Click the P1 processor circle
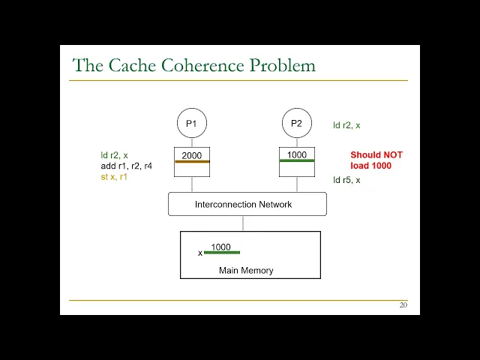[x=191, y=123]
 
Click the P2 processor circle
[x=296, y=123]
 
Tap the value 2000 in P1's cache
[x=191, y=155]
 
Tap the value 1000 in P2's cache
[x=296, y=154]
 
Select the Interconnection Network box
[x=247, y=204]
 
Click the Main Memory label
[x=246, y=270]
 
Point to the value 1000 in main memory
[x=220, y=247]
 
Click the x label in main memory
[x=200, y=253]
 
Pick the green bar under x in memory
[x=222, y=253]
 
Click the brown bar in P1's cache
[x=192, y=161]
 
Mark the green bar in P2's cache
[x=296, y=160]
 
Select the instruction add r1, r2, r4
[x=127, y=166]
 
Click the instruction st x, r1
[x=114, y=176]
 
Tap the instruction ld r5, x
[x=346, y=180]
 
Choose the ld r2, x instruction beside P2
[x=346, y=125]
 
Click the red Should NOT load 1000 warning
[x=376, y=160]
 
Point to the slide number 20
[x=403, y=305]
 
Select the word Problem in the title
[x=284, y=65]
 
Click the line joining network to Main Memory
[x=243, y=223]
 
